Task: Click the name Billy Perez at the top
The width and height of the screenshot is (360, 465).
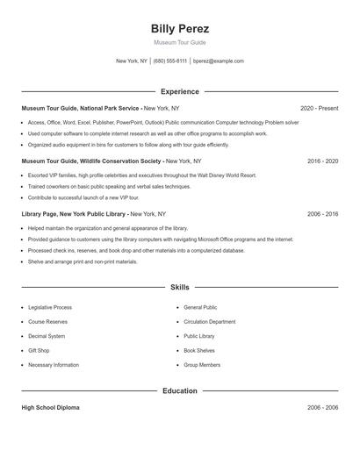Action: [x=180, y=29]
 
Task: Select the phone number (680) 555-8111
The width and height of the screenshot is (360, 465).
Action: [x=170, y=61]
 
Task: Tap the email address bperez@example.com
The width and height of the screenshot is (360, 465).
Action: [x=219, y=61]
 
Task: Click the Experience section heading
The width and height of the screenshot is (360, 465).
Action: [x=180, y=91]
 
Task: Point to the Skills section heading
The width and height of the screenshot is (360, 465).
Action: [x=180, y=287]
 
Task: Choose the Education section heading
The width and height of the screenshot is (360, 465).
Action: [x=180, y=390]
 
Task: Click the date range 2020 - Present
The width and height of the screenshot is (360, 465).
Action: [x=319, y=108]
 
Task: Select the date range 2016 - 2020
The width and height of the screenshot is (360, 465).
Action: [x=322, y=161]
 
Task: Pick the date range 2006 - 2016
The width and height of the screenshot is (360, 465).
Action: [x=322, y=213]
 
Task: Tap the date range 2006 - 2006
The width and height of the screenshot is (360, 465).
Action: [x=322, y=408]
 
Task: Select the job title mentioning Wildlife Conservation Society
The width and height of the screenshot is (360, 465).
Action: [x=92, y=161]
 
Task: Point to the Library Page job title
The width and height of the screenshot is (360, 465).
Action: [x=75, y=213]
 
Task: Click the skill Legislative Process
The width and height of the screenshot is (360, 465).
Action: [x=50, y=308]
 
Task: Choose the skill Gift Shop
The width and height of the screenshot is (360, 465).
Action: [x=39, y=350]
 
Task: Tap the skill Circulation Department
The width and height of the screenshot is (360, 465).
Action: [x=209, y=322]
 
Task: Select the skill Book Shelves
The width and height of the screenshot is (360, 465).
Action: [x=199, y=350]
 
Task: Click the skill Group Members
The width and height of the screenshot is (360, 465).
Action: [x=202, y=365]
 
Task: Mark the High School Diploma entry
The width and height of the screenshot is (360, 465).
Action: [x=52, y=408]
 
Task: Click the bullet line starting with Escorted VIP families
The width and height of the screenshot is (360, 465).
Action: [x=140, y=175]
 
